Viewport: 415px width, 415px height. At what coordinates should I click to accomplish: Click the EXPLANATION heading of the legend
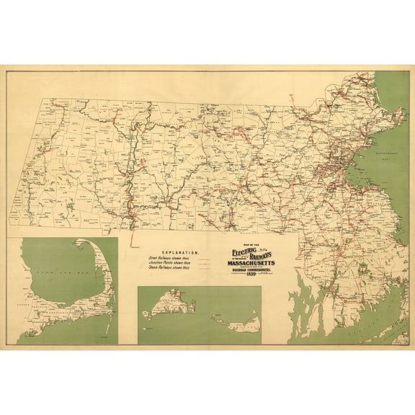(171, 253)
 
